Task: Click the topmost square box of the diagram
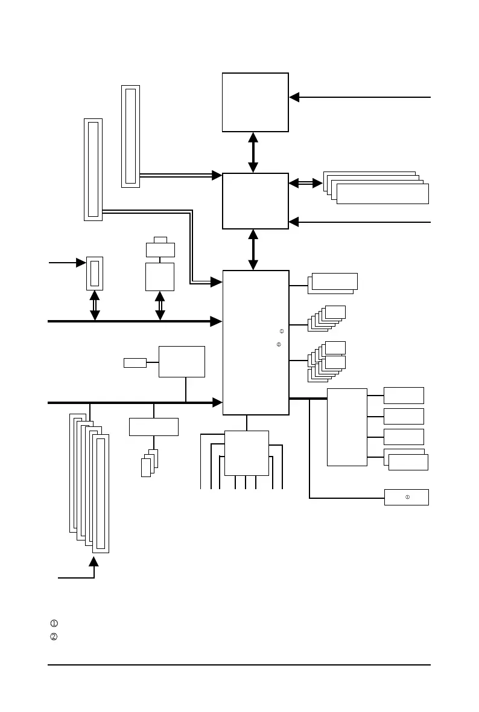[x=255, y=102]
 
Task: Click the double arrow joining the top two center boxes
[x=253, y=152]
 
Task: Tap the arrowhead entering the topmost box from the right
[x=294, y=97]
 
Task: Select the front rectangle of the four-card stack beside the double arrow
[x=382, y=194]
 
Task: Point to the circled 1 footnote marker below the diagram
[x=54, y=623]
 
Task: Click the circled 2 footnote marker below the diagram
[x=54, y=637]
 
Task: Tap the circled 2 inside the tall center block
[x=279, y=345]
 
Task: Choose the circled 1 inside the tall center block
[x=282, y=331]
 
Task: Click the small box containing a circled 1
[x=406, y=497]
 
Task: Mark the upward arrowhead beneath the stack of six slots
[x=94, y=562]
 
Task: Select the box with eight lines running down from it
[x=246, y=453]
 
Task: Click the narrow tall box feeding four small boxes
[x=347, y=427]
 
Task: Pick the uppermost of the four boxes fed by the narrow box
[x=404, y=396]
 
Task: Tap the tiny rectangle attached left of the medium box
[x=135, y=362]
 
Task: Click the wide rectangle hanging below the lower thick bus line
[x=154, y=426]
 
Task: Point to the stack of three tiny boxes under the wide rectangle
[x=149, y=464]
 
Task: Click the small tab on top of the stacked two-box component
[x=160, y=240]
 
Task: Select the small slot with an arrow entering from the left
[x=95, y=274]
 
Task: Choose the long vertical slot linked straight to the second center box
[x=130, y=136]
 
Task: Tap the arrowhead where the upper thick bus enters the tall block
[x=216, y=321]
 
